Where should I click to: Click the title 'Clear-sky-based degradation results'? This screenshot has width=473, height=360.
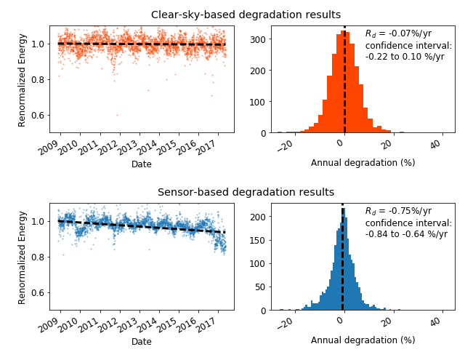(246, 15)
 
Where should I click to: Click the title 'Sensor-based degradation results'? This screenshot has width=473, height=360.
(246, 192)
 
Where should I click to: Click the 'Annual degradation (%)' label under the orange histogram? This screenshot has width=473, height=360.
(363, 163)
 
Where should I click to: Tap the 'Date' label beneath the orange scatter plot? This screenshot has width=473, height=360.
(142, 164)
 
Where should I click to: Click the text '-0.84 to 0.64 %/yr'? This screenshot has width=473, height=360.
(406, 234)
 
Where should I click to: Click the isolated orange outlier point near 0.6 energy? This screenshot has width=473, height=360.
(117, 115)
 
